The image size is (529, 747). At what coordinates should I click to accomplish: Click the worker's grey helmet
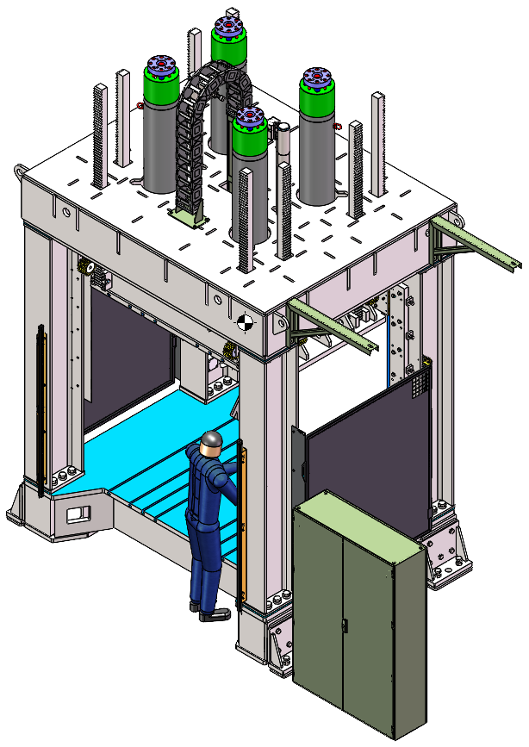[211, 445]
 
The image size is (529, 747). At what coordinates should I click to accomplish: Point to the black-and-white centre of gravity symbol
[246, 322]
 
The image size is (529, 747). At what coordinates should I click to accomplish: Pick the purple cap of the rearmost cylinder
[228, 28]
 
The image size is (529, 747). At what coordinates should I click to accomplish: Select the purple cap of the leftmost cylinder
[160, 65]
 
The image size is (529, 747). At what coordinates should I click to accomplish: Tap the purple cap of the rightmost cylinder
[317, 78]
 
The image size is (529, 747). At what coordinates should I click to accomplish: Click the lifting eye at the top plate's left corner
[17, 171]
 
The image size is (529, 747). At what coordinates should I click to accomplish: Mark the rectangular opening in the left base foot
[78, 514]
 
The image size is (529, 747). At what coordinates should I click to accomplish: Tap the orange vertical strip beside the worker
[243, 526]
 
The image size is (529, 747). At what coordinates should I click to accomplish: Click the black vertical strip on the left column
[40, 409]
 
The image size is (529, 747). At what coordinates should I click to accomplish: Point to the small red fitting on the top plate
[140, 107]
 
